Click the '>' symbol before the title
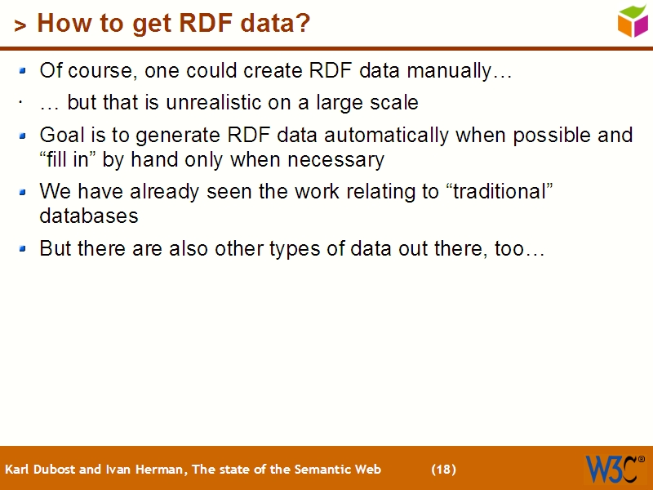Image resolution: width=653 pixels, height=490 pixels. coord(20,26)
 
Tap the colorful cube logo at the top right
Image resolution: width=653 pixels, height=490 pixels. coord(633,20)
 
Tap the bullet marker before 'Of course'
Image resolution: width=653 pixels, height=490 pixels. coord(24,72)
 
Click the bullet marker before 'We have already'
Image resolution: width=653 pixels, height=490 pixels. coord(24,193)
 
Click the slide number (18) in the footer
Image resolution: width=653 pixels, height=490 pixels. coord(443,470)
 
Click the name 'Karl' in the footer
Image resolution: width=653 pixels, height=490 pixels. coord(18,470)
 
